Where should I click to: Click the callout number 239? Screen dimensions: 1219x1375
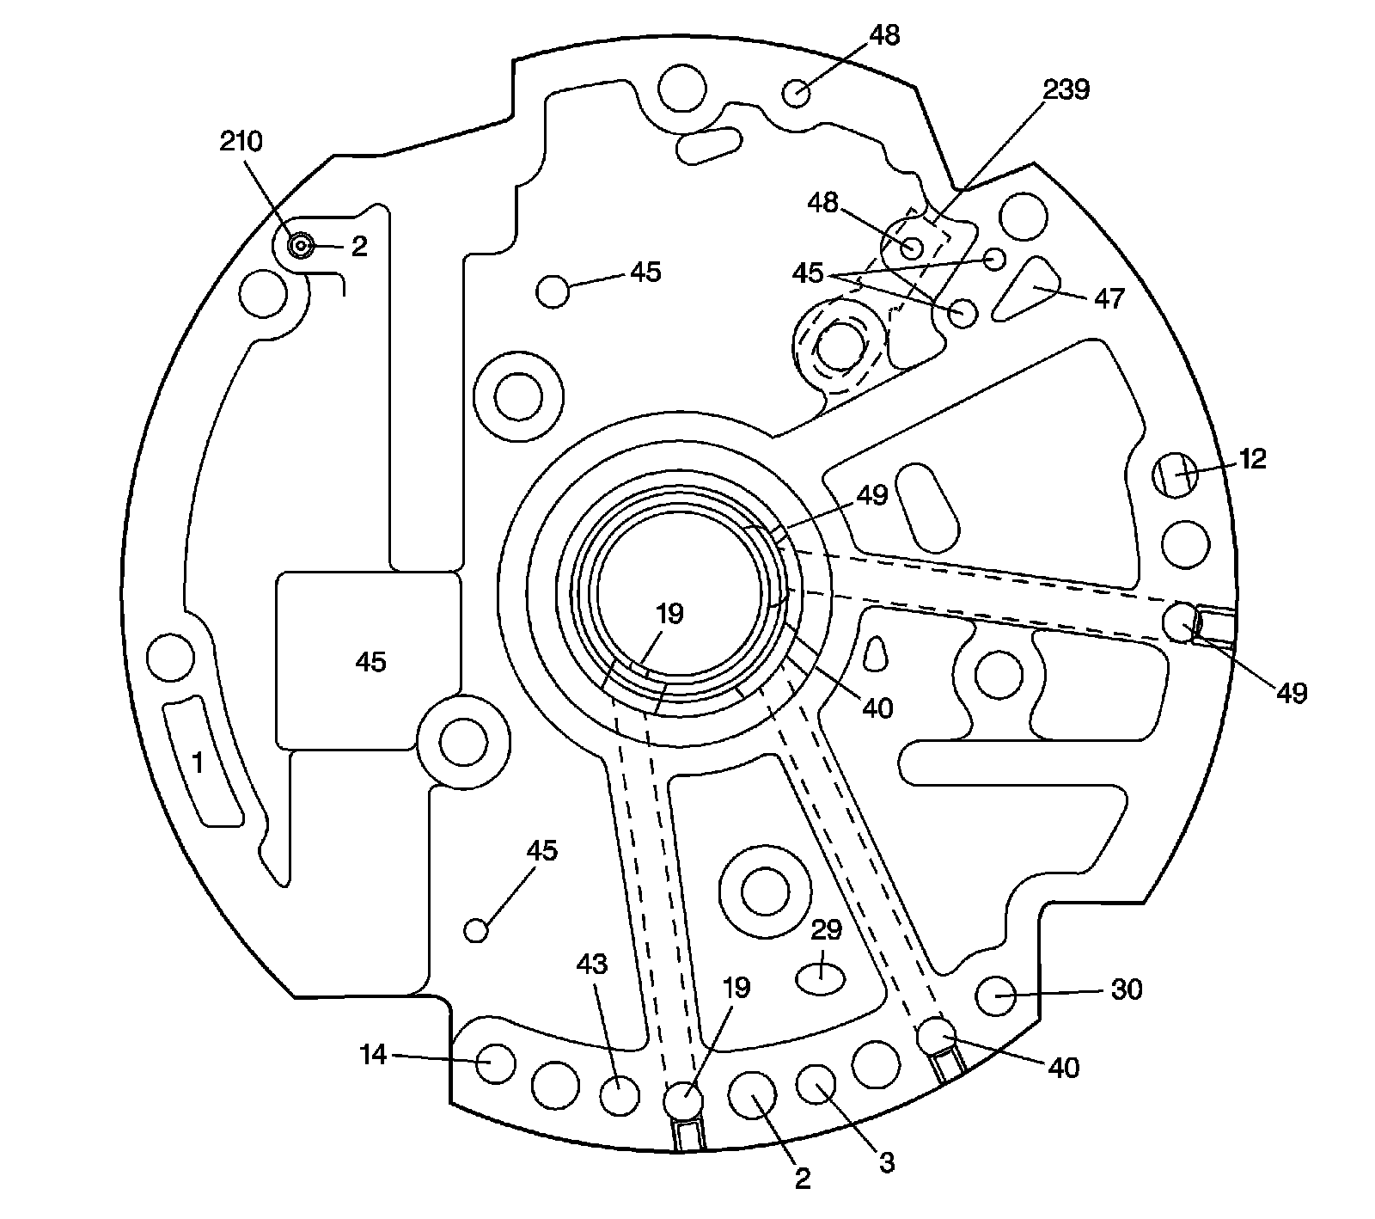click(1066, 89)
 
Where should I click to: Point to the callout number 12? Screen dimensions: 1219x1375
click(1252, 459)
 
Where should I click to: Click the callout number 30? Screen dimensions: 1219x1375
click(1126, 990)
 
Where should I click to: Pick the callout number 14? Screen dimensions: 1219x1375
click(374, 1054)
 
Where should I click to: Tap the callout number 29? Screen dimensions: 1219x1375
click(826, 930)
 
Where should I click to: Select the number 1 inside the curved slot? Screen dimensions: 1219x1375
click(199, 763)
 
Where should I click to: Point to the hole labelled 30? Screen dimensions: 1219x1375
click(997, 996)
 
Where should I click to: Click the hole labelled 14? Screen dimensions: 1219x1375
click(496, 1063)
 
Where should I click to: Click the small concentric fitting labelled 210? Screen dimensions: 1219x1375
click(300, 247)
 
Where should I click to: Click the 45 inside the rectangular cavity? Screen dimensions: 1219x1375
click(371, 662)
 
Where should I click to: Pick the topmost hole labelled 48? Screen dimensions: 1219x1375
click(797, 92)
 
